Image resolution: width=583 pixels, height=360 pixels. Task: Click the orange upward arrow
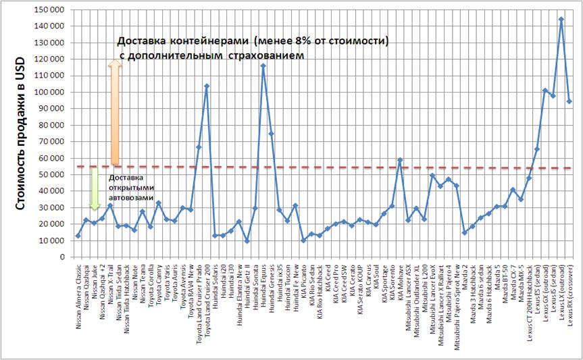115,111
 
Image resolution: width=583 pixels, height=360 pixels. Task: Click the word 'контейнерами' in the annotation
203,41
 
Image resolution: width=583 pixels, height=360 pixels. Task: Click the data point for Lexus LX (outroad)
561,19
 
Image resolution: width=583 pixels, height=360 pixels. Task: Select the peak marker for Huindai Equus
263,66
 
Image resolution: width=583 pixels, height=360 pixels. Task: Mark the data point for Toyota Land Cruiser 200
207,86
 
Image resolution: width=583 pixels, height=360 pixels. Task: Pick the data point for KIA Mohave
400,160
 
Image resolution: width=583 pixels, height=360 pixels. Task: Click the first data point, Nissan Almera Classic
78,236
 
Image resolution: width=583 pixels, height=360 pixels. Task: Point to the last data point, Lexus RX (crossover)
569,101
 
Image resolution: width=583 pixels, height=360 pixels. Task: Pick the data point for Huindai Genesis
271,134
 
